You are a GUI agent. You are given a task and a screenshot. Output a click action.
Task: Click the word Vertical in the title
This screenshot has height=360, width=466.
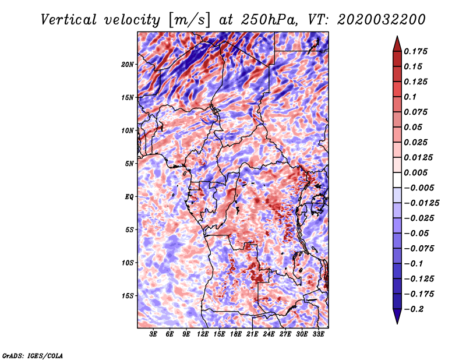pos(69,20)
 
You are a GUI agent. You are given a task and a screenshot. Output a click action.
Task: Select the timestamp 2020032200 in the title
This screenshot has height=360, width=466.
pos(382,20)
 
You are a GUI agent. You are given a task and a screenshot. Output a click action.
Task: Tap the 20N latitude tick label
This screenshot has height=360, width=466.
pos(128,65)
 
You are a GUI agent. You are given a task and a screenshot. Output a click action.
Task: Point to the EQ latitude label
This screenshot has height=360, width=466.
pos(129,197)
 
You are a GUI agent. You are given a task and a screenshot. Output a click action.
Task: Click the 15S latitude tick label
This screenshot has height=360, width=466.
pos(128,296)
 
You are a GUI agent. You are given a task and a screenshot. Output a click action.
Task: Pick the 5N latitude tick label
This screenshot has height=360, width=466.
pos(129,164)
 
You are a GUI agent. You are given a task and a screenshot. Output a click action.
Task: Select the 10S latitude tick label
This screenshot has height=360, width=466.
pos(128,263)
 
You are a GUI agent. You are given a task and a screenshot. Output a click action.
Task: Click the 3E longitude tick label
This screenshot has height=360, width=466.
pos(153,334)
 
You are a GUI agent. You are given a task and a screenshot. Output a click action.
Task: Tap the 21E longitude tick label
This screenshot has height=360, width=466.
pos(252,334)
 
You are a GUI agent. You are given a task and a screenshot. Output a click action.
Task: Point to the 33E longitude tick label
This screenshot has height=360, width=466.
pos(318,334)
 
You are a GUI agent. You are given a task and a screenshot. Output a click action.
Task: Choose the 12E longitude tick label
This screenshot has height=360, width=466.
pos(203,334)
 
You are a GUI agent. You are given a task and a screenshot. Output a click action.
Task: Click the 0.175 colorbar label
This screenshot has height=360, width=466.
pos(415,51)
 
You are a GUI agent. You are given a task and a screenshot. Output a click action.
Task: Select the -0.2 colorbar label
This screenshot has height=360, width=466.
pos(414,309)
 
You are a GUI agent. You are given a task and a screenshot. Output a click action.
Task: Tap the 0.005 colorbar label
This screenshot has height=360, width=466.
pos(415,172)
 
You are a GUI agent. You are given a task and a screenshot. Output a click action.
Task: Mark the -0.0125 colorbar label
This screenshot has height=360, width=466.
pos(421,203)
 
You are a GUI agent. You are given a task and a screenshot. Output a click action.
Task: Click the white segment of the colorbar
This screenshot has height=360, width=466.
pos(397,180)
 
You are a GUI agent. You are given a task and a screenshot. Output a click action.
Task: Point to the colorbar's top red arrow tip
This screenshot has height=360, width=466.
pos(397,36)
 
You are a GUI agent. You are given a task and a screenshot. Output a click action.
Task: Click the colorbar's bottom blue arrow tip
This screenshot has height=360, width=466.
pos(397,323)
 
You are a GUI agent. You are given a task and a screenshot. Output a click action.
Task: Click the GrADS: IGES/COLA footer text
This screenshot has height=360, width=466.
pos(33,355)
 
